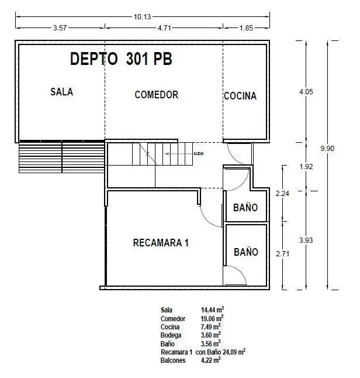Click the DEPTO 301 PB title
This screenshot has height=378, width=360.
tap(121, 59)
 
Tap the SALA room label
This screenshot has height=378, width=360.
tap(61, 92)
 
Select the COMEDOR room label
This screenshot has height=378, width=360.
tap(157, 95)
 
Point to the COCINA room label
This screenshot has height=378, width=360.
tap(240, 96)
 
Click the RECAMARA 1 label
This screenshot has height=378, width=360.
tap(161, 243)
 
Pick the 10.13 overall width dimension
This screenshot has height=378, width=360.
tap(143, 16)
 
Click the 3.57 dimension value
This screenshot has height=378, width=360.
tap(60, 28)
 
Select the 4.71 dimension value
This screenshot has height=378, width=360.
tap(164, 28)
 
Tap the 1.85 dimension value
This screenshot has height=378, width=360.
tap(246, 28)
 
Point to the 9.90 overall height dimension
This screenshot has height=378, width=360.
tap(327, 148)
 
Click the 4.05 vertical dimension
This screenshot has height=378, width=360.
tap(306, 92)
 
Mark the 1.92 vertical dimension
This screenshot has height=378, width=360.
tap(306, 167)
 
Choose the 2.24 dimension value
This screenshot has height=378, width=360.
tap(282, 193)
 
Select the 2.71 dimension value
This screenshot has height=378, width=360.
tap(282, 253)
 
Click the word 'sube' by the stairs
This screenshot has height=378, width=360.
tap(199, 153)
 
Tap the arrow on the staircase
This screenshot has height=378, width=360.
tap(179, 153)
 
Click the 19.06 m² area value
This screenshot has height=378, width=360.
tap(212, 318)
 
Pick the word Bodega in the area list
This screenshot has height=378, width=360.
tap(171, 335)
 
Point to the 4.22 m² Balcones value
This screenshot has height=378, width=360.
tap(211, 360)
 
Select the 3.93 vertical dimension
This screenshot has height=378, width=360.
tap(306, 240)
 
